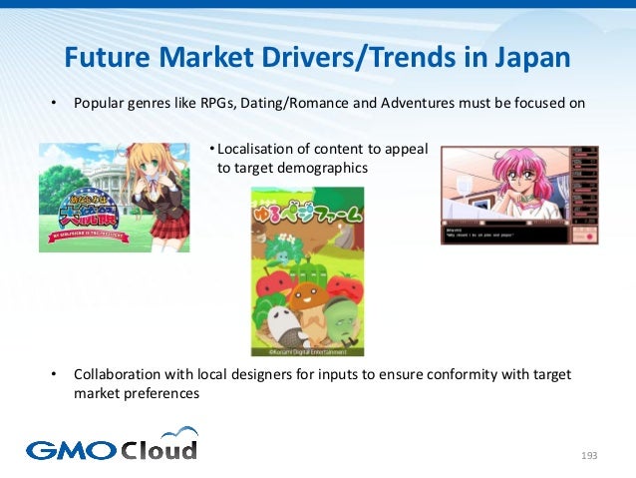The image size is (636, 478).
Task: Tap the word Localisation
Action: pos(254,150)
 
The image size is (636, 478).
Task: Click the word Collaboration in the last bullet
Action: pos(119,375)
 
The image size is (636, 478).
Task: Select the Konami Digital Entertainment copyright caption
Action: pos(307,351)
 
